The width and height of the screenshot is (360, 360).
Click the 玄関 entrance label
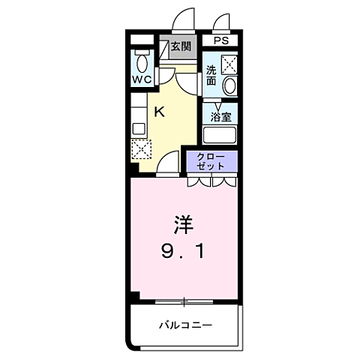tap(180, 46)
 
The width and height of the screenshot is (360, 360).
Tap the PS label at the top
tap(220, 40)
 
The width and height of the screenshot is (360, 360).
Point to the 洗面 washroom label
tap(211, 76)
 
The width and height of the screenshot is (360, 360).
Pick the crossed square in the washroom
tap(229, 64)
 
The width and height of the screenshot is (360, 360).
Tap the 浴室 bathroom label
tap(220, 117)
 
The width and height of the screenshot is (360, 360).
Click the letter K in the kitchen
tap(159, 112)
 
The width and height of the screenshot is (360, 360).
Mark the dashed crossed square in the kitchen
tap(140, 147)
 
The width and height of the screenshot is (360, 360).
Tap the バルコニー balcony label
tap(184, 325)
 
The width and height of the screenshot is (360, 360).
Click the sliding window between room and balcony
tap(184, 301)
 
